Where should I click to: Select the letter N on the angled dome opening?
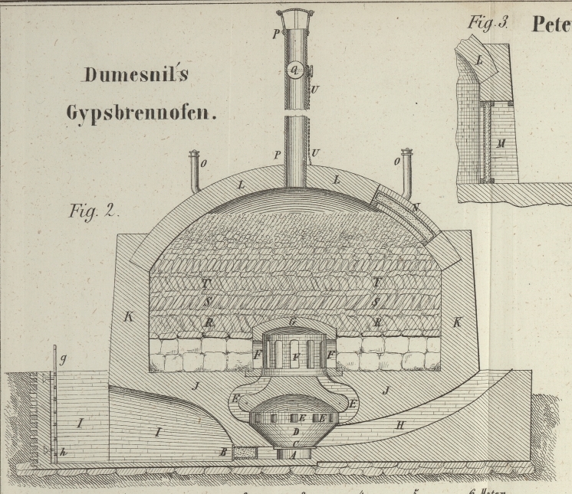pyautogui.click(x=415, y=208)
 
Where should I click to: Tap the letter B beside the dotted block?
pyautogui.click(x=223, y=453)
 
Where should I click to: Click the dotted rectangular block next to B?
pyautogui.click(x=245, y=453)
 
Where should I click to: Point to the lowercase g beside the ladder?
pyautogui.click(x=64, y=358)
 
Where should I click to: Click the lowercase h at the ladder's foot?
pyautogui.click(x=64, y=453)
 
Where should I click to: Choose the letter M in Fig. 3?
pyautogui.click(x=500, y=143)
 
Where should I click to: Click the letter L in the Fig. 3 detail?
pyautogui.click(x=479, y=59)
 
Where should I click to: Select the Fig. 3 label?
pyautogui.click(x=488, y=23)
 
